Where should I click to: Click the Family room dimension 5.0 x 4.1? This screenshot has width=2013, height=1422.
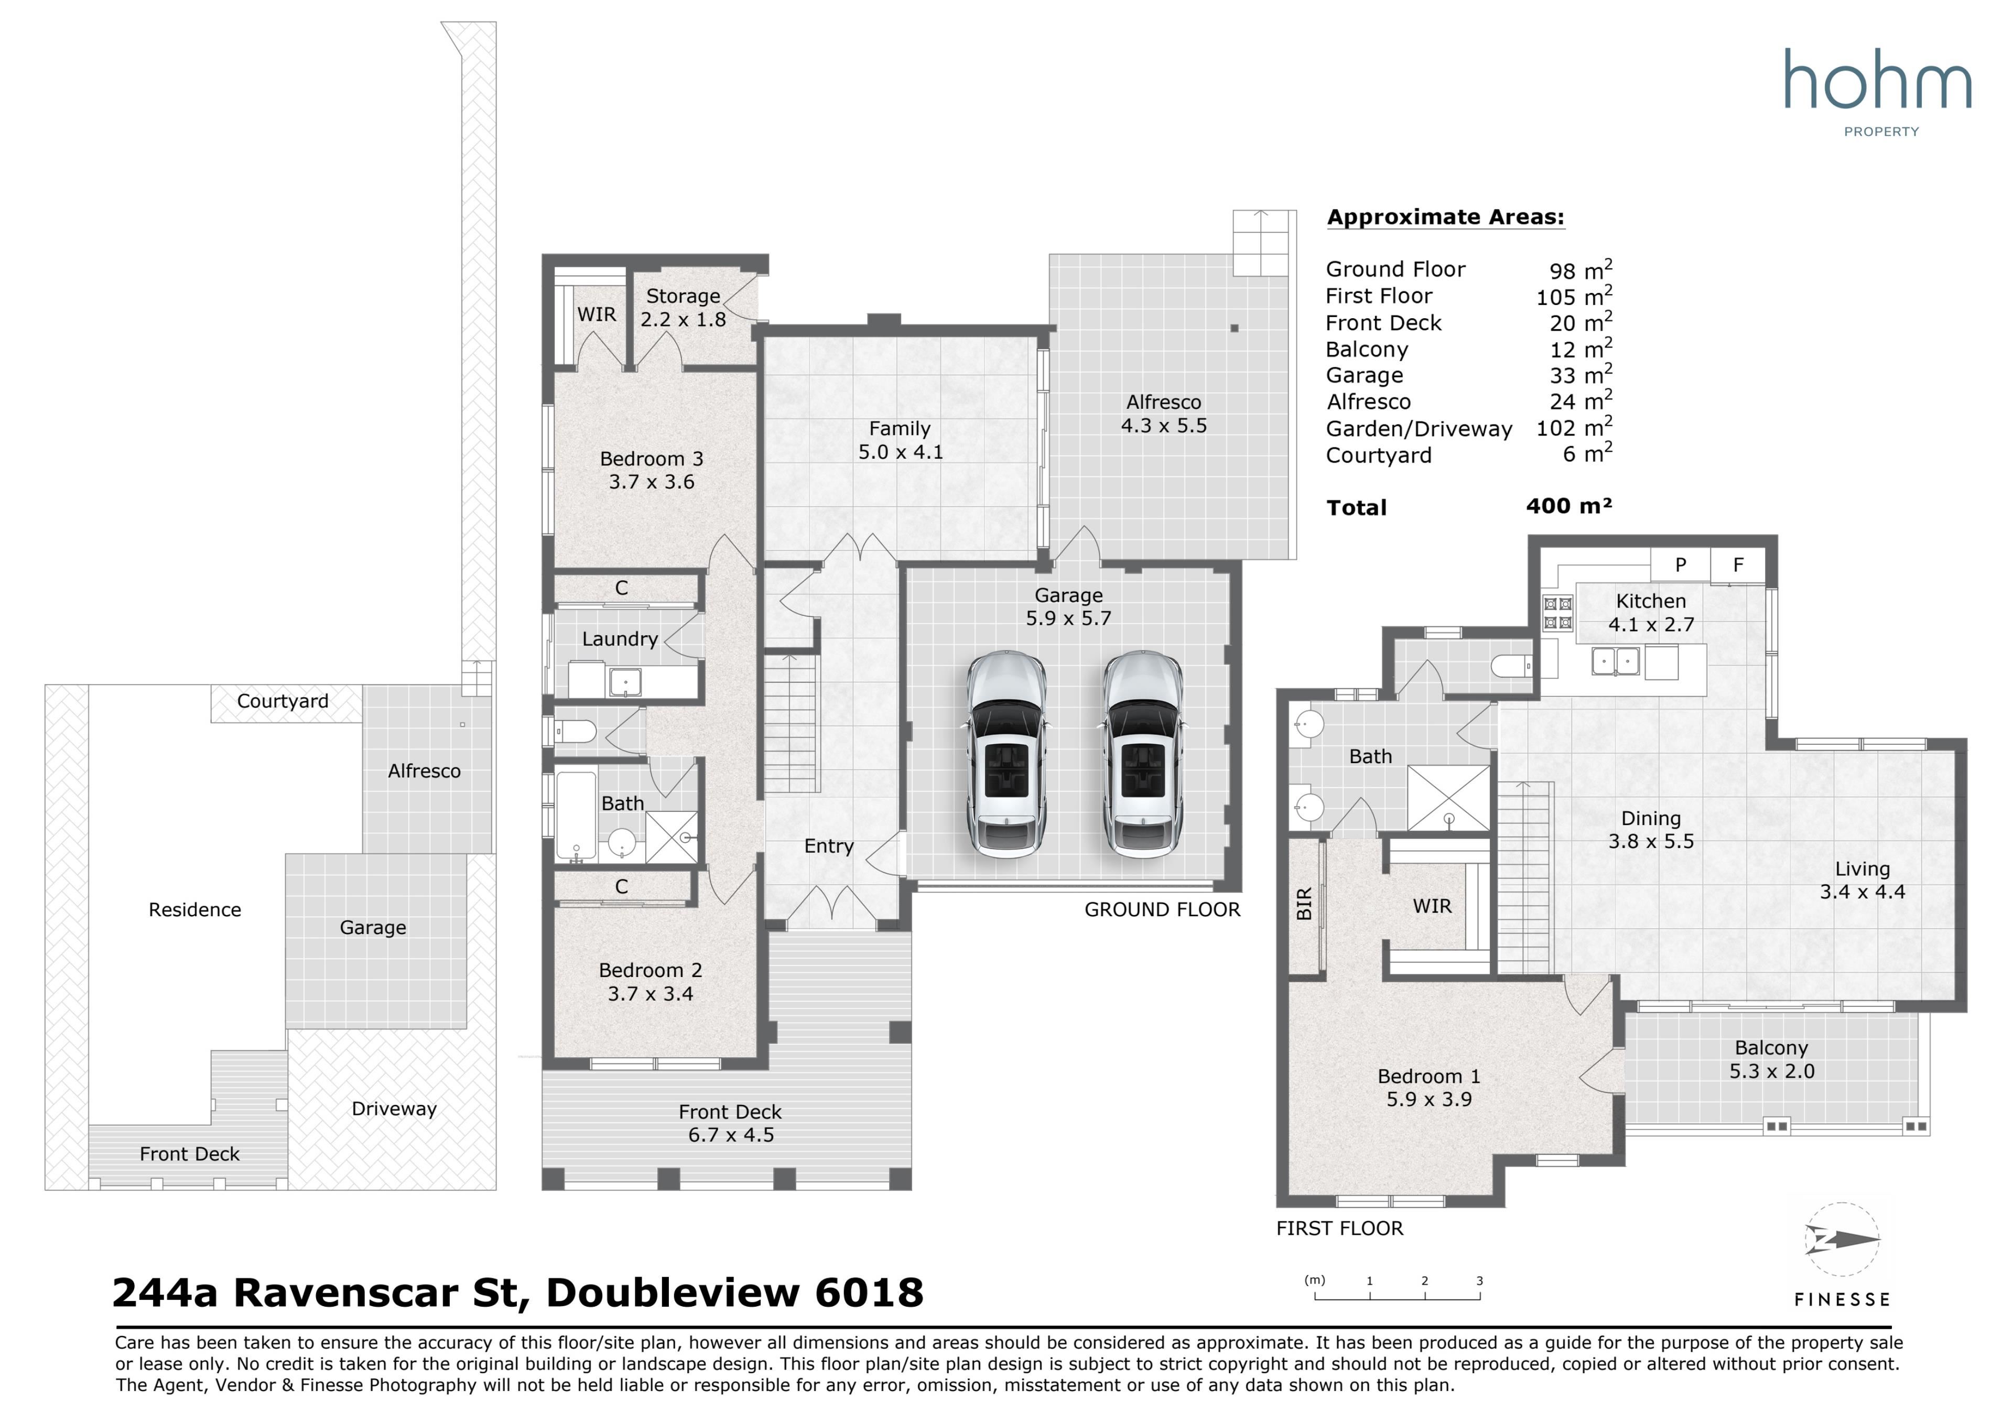click(901, 452)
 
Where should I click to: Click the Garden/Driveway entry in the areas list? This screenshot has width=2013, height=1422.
click(1419, 429)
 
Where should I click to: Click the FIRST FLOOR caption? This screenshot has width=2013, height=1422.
click(1340, 1228)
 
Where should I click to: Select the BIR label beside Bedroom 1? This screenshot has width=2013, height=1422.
click(1305, 904)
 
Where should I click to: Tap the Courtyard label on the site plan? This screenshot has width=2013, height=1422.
click(283, 701)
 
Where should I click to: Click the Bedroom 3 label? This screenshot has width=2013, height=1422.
click(652, 459)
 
